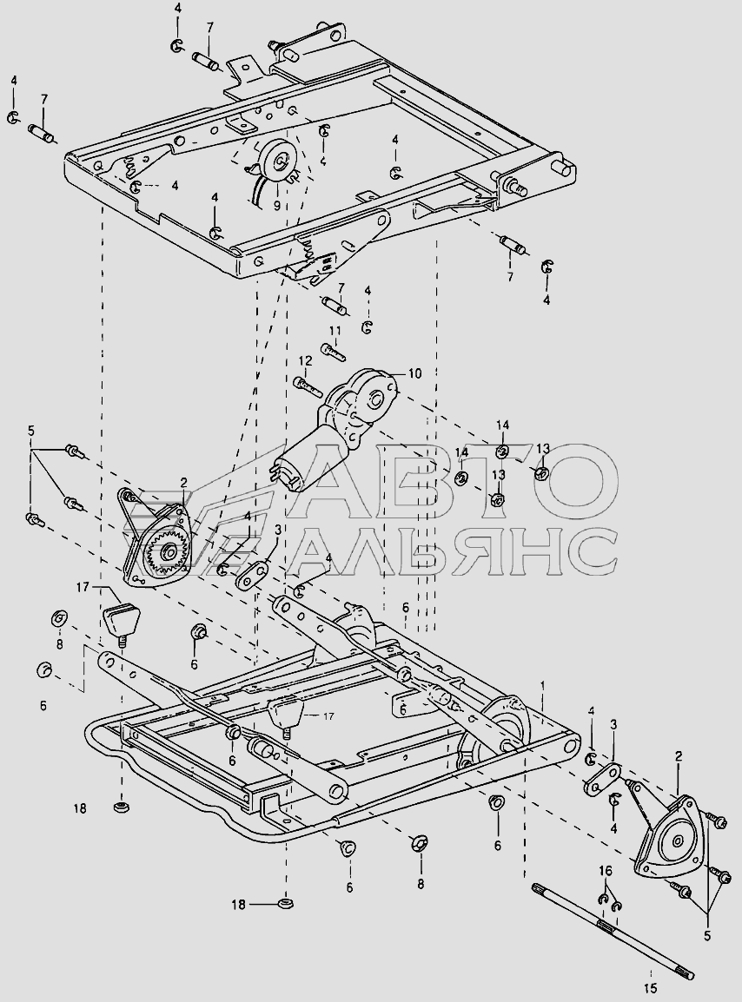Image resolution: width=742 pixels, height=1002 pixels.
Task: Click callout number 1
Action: [x=544, y=686]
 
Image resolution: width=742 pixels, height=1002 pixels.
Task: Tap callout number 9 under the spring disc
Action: [x=277, y=207]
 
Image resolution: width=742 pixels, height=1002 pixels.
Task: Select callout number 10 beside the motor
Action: [x=414, y=373]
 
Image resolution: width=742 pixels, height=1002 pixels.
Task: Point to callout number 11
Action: [x=335, y=331]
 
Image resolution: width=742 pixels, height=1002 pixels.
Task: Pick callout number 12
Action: [x=305, y=360]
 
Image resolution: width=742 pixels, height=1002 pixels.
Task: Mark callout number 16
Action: [x=606, y=870]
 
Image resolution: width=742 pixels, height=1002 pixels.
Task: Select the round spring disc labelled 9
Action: [x=279, y=160]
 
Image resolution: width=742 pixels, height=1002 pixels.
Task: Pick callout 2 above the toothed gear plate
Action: [x=183, y=481]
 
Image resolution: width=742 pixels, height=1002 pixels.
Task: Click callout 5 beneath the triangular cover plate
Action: [x=706, y=936]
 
